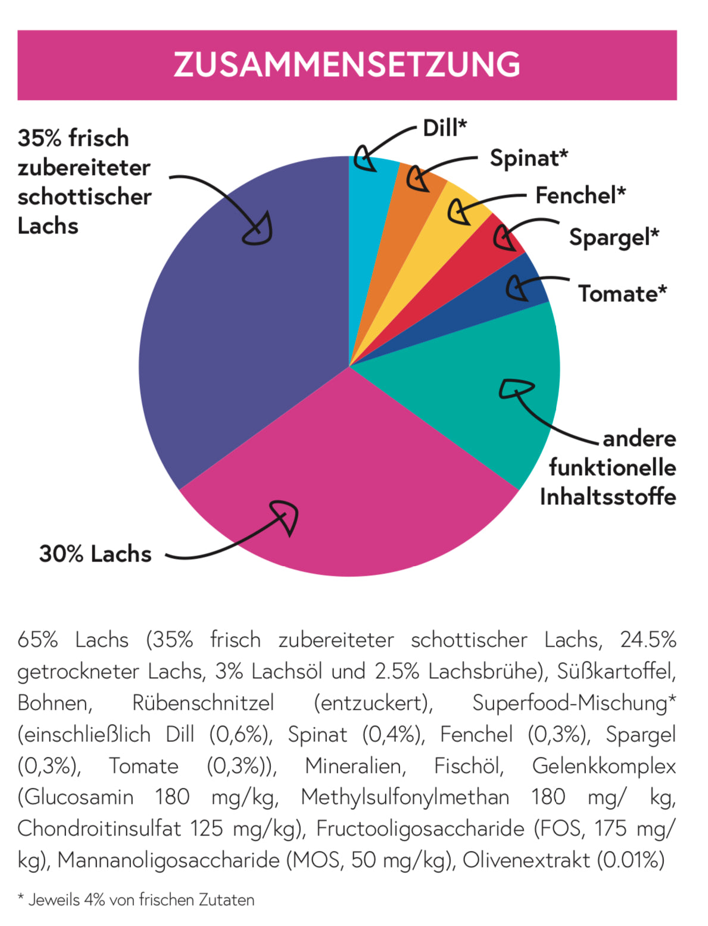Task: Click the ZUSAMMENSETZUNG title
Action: click(x=347, y=65)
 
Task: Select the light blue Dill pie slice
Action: click(x=372, y=197)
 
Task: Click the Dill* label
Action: click(x=444, y=128)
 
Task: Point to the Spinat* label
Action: click(x=529, y=158)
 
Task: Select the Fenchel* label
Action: click(x=580, y=195)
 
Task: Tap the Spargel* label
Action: click(x=614, y=237)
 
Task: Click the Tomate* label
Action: click(x=622, y=294)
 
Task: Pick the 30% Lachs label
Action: click(x=95, y=554)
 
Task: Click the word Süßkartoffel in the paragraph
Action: click(x=616, y=671)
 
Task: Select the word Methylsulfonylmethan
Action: click(x=405, y=797)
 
